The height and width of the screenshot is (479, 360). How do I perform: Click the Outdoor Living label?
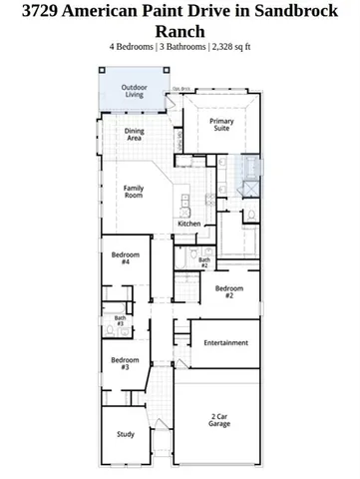pos(134,92)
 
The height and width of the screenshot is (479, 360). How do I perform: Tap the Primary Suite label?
pos(220,125)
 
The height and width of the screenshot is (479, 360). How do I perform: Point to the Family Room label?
pos(134,192)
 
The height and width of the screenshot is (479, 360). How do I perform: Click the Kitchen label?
pos(189,225)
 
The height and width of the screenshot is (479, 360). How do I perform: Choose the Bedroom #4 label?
pos(125,258)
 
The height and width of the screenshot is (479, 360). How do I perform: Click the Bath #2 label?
pos(203,262)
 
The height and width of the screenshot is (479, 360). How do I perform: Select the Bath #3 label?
pos(120,321)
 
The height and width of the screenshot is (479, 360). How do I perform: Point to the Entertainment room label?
pos(225,343)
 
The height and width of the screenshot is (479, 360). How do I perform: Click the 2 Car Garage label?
pos(219,420)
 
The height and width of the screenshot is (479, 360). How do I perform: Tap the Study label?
pos(126,434)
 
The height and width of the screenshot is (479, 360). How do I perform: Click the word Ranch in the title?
pos(180,31)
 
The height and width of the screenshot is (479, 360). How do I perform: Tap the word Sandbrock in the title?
pos(300,11)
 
